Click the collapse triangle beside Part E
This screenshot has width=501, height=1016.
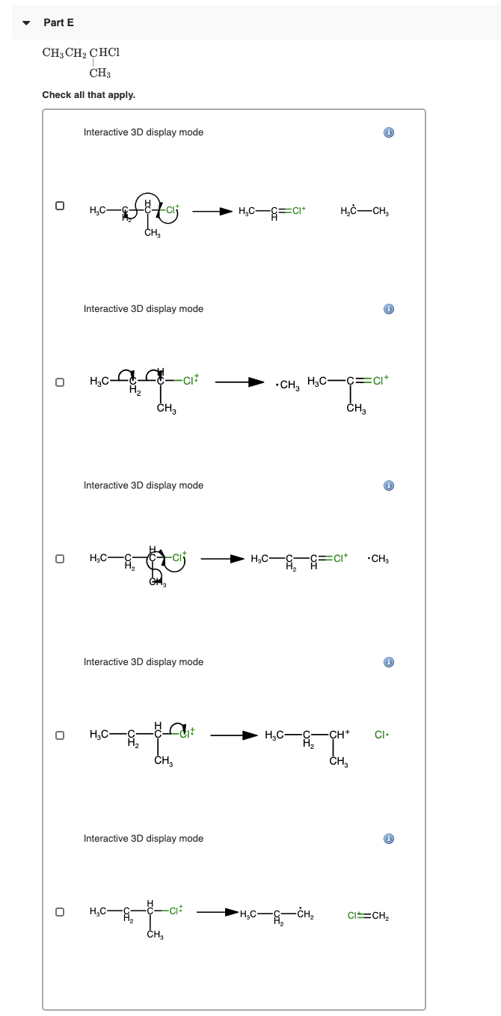click(x=26, y=23)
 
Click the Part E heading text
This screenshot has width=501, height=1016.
click(x=58, y=22)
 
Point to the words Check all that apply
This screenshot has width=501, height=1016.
click(x=88, y=95)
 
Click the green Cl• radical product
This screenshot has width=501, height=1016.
click(x=380, y=734)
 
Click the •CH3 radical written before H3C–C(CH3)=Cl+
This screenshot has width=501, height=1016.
click(x=286, y=385)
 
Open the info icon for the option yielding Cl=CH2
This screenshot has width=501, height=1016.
click(x=388, y=839)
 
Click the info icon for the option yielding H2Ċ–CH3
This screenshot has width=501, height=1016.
click(x=388, y=132)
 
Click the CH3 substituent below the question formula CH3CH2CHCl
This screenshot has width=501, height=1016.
click(x=99, y=73)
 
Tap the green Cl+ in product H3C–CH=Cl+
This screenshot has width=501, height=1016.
click(x=297, y=209)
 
